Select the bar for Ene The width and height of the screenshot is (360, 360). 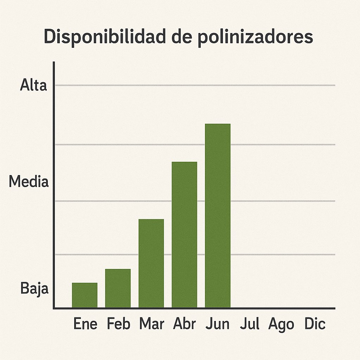(x=85, y=295)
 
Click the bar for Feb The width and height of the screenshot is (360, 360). (x=118, y=288)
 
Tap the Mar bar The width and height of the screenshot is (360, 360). (x=151, y=264)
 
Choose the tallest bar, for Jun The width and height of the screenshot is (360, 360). (x=218, y=216)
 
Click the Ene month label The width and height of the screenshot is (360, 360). (x=85, y=324)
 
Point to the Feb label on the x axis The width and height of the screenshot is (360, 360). (x=118, y=324)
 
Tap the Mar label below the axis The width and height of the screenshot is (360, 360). (x=152, y=324)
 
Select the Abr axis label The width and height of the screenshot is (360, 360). (x=185, y=324)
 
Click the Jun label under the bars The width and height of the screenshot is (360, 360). (x=218, y=324)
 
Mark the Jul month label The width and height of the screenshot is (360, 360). (x=250, y=324)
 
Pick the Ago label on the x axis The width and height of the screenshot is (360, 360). (x=281, y=324)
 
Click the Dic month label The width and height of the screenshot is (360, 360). (x=315, y=324)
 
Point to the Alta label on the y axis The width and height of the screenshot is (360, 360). (x=33, y=85)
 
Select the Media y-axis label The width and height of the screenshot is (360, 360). (x=28, y=182)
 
